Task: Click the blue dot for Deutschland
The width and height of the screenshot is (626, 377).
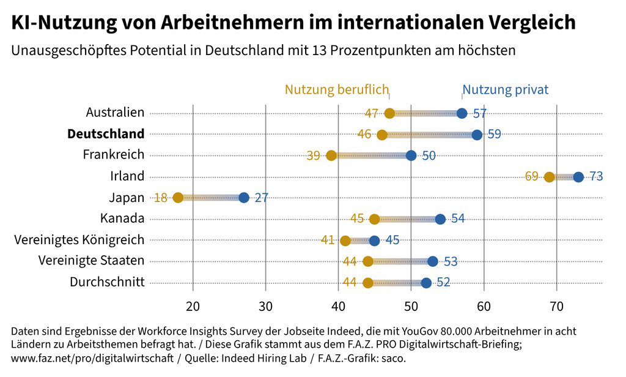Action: (477, 135)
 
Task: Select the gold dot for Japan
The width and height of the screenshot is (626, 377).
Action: (178, 198)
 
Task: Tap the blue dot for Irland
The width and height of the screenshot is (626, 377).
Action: (578, 177)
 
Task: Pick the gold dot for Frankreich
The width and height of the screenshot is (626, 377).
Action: (331, 155)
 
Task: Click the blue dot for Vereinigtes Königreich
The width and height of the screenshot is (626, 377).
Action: (374, 241)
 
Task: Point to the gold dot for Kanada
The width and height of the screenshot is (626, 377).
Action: (374, 219)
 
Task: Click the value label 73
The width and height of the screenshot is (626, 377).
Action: (596, 176)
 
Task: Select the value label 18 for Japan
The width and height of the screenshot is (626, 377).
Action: (161, 198)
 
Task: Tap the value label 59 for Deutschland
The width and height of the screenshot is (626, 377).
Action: (495, 134)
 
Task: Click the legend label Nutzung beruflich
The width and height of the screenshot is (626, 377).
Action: (337, 90)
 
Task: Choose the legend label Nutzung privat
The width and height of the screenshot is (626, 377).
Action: (506, 90)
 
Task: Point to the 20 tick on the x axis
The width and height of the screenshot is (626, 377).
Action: (193, 305)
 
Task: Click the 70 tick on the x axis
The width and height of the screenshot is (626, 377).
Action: (556, 305)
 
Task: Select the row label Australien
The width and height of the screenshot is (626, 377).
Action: (115, 112)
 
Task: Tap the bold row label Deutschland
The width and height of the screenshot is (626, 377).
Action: (106, 133)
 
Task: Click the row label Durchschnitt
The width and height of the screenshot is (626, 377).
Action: (107, 282)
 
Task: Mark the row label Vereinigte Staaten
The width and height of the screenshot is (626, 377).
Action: (91, 261)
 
